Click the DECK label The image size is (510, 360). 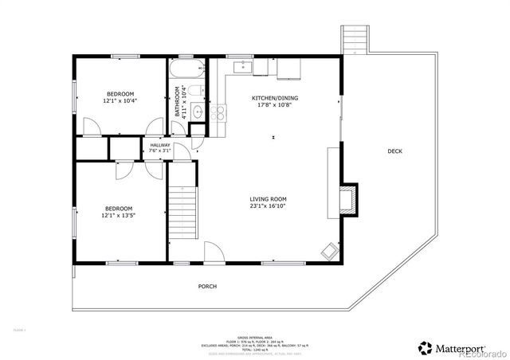395,151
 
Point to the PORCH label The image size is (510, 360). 207,287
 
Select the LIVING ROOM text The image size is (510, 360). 268,199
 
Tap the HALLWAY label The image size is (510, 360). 160,145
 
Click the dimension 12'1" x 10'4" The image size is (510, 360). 120,101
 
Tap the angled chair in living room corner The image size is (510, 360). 328,250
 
